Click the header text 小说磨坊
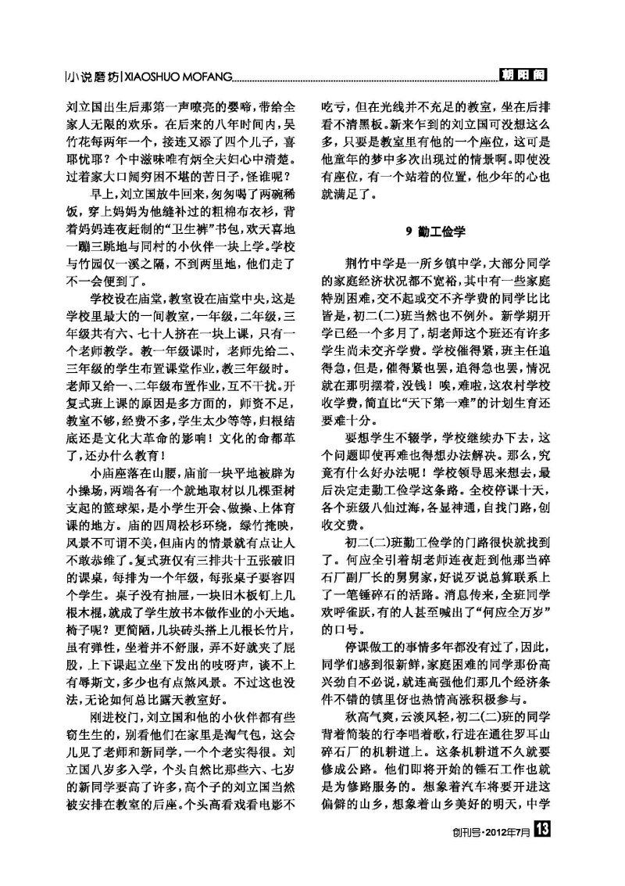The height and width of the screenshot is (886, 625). (93, 77)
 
